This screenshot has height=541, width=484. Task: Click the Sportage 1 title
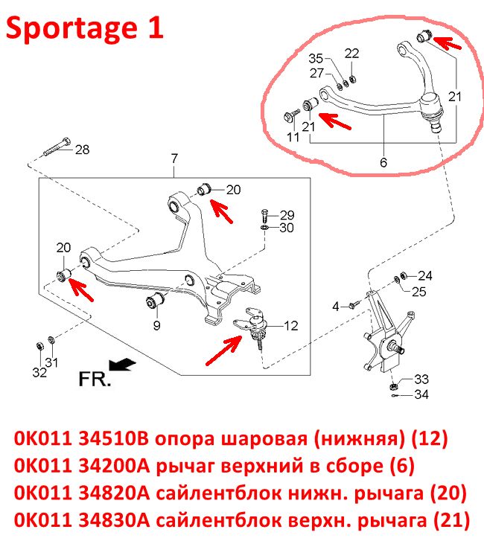tap(85, 28)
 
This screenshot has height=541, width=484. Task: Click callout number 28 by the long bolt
tap(82, 150)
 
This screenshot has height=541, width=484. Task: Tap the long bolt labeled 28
tap(57, 147)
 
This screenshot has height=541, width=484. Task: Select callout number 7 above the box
tap(174, 159)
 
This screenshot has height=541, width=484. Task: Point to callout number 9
tap(156, 325)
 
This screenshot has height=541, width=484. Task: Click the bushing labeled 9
tap(156, 301)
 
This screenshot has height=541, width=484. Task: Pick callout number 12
tap(290, 326)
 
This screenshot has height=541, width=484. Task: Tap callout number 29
tap(287, 215)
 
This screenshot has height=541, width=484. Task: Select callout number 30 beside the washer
tap(287, 228)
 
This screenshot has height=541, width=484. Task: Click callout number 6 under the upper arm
tap(383, 162)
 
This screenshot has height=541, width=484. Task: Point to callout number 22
tap(351, 53)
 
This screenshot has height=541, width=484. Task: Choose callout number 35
tap(316, 59)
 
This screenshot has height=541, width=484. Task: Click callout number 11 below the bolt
tap(293, 138)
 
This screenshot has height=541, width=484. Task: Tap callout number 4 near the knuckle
tap(336, 306)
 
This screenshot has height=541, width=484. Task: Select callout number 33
tap(421, 380)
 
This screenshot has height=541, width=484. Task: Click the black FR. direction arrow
tap(122, 365)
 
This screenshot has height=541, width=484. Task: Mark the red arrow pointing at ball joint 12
tap(224, 350)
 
